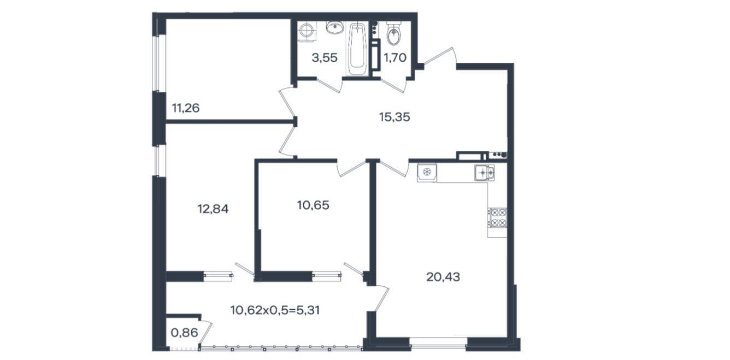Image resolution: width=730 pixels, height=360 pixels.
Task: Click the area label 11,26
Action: tap(185, 108)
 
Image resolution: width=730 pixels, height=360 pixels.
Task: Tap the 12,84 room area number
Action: tap(213, 209)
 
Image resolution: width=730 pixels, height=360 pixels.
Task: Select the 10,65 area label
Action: tap(313, 205)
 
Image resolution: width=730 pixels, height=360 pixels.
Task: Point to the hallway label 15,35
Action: tap(395, 117)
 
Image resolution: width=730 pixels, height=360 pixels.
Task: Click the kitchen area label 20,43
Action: tap(443, 277)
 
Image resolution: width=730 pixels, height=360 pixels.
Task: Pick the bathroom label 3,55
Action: tap(325, 58)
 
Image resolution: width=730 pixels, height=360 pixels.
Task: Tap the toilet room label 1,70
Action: tap(395, 58)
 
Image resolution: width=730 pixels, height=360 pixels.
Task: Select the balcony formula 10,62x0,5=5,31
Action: tap(275, 310)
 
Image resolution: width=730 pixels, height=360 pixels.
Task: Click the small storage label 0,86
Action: tap(185, 333)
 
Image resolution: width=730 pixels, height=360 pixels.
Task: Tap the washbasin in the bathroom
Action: tap(335, 27)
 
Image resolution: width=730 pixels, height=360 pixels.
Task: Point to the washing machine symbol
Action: tap(307, 32)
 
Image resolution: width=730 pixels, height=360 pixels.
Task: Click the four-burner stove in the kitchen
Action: tap(497, 217)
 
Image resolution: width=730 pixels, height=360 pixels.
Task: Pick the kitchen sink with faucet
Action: tap(485, 172)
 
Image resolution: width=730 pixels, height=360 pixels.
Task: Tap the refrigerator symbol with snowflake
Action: tap(427, 172)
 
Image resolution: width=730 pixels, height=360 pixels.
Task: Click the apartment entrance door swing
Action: tap(440, 58)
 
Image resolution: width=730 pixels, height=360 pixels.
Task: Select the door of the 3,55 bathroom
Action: tap(329, 85)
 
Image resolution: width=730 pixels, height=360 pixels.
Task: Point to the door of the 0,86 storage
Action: tap(205, 333)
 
